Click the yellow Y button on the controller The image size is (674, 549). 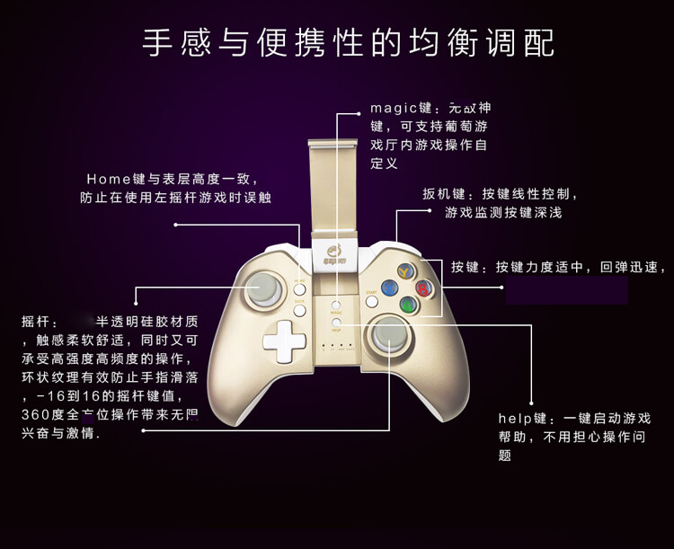405,270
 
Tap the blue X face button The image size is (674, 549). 388,288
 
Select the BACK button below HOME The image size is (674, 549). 299,309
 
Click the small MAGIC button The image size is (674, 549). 335,305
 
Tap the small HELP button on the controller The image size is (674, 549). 335,322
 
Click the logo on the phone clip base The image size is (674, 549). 334,246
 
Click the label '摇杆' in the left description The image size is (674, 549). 39,322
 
